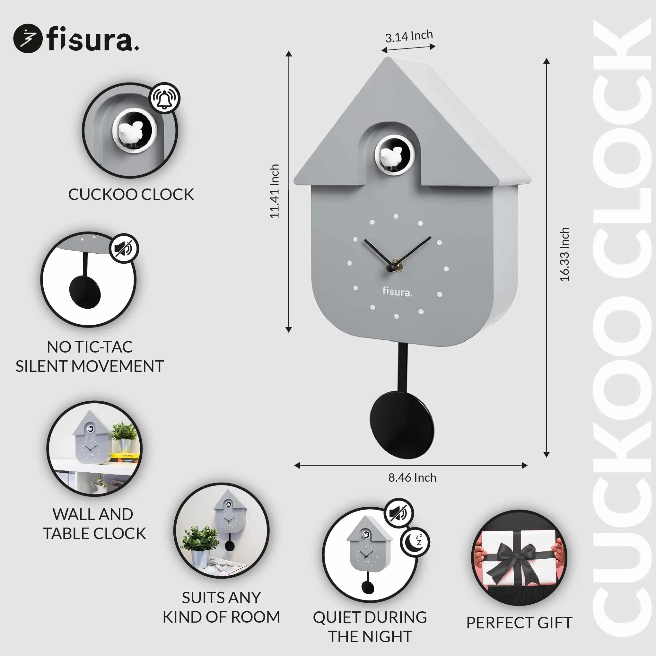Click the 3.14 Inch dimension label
click(x=409, y=36)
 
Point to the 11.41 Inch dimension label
click(x=274, y=191)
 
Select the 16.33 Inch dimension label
click(x=564, y=254)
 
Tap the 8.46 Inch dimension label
click(x=412, y=478)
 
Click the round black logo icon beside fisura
click(x=28, y=38)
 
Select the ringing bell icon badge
click(x=165, y=98)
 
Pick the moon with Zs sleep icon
click(x=415, y=542)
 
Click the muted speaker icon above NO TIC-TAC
click(x=124, y=249)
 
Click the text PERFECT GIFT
click(x=519, y=623)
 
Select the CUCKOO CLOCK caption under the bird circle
click(x=131, y=195)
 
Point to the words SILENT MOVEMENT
click(x=90, y=366)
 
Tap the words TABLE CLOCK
click(x=94, y=534)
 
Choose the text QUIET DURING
click(x=370, y=617)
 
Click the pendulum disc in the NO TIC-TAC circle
click(x=85, y=292)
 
